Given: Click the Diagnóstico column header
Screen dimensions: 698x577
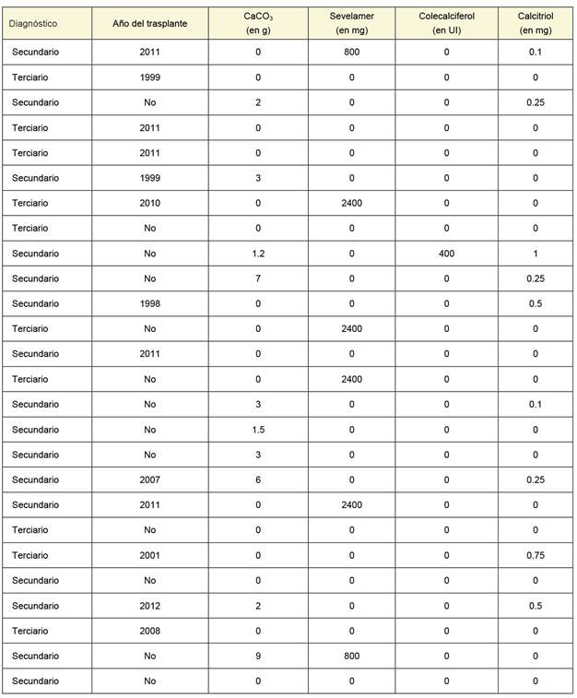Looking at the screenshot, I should pyautogui.click(x=35, y=22).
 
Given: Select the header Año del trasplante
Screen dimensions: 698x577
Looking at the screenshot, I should pyautogui.click(x=149, y=22).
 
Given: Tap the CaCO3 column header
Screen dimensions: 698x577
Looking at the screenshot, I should pyautogui.click(x=257, y=22).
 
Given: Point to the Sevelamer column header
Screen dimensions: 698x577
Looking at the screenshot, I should pyautogui.click(x=352, y=22).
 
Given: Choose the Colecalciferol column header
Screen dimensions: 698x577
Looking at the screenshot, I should pyautogui.click(x=446, y=22).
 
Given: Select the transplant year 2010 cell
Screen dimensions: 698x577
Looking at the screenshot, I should pyautogui.click(x=149, y=203).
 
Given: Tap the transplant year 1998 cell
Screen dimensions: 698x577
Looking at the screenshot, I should pyautogui.click(x=149, y=303).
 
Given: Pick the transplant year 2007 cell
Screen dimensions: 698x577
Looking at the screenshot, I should pyautogui.click(x=149, y=479).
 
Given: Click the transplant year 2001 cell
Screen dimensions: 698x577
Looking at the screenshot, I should pyautogui.click(x=149, y=555).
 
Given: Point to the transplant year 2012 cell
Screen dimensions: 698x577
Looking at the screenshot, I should pyautogui.click(x=149, y=606).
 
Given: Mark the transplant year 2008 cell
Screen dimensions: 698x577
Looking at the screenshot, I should pyautogui.click(x=149, y=631).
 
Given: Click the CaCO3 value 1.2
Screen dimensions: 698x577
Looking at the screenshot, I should pyautogui.click(x=257, y=253).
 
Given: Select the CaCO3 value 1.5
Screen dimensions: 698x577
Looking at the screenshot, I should pyautogui.click(x=257, y=430).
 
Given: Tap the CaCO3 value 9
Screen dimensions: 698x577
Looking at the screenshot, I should pyautogui.click(x=257, y=656).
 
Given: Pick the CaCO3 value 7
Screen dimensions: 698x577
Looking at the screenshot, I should pyautogui.click(x=257, y=278).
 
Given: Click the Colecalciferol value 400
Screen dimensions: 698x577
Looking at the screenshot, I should pyautogui.click(x=446, y=253).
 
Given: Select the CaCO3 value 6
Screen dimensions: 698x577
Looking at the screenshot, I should pyautogui.click(x=257, y=479).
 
